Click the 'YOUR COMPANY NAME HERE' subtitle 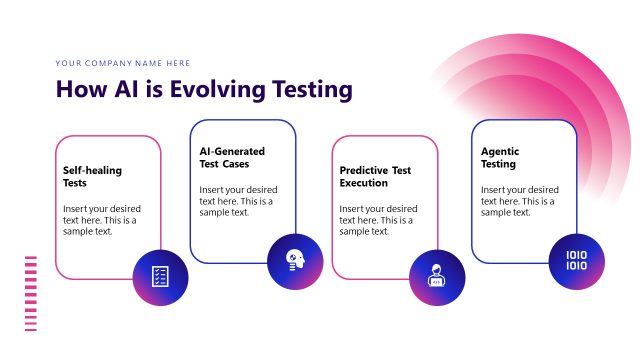click(x=122, y=62)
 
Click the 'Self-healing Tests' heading click(x=92, y=177)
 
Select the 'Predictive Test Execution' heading click(x=374, y=177)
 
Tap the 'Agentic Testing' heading click(x=500, y=158)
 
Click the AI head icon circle click(x=296, y=261)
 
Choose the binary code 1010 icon click(x=577, y=261)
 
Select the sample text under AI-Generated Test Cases click(x=238, y=200)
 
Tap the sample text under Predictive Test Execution click(x=378, y=219)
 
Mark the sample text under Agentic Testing click(x=519, y=200)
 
